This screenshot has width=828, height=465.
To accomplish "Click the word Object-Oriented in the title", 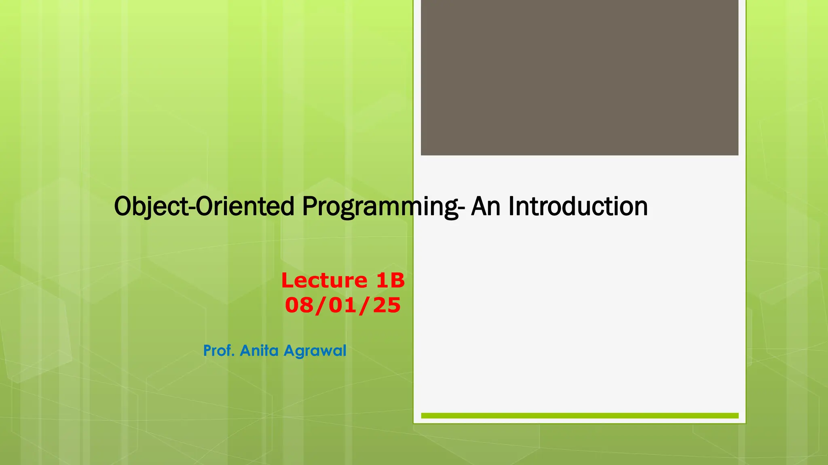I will coord(204,207).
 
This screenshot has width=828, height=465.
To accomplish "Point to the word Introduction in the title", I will coord(578,206).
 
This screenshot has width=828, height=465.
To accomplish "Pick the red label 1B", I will coord(390,280).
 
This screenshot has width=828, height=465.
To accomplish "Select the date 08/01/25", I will coord(343,305).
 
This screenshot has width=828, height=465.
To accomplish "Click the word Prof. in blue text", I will coord(219,350).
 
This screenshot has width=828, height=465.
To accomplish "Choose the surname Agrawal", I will coord(315,351).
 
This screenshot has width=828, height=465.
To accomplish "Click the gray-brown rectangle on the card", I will coord(579,77).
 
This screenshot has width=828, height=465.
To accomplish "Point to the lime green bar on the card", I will coord(579,415).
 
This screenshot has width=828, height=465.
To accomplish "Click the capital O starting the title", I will coord(123,206).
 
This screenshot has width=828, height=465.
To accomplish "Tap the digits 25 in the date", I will coord(387,305).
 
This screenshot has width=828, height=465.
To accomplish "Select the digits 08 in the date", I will coord(298,305).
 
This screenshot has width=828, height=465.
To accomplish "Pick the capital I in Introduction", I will coord(511,206).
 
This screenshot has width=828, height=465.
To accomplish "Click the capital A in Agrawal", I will coord(289,350).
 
